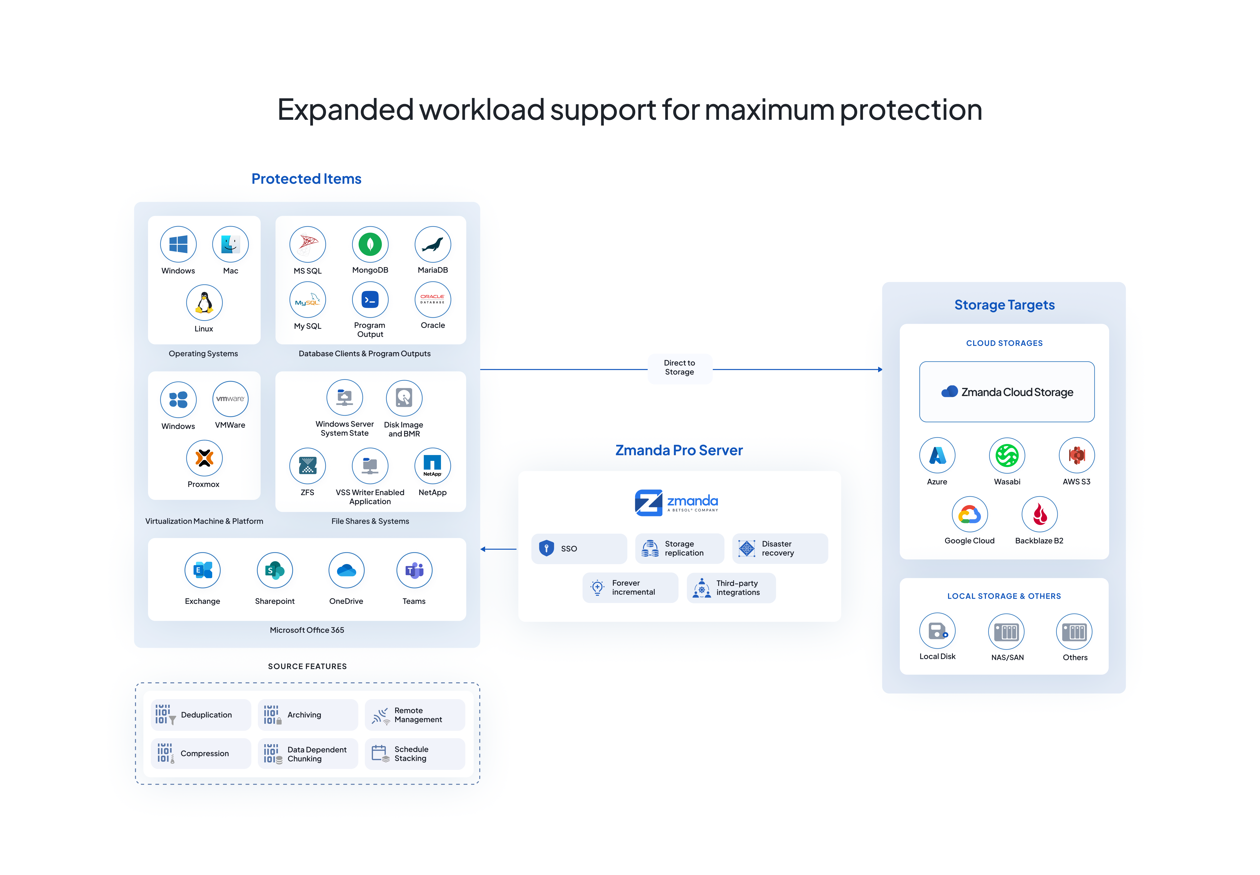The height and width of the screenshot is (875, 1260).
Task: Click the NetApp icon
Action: coord(432,465)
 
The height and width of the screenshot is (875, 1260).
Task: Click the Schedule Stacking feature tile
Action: coord(415,754)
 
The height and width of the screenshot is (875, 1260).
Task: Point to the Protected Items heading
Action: coord(306,179)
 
